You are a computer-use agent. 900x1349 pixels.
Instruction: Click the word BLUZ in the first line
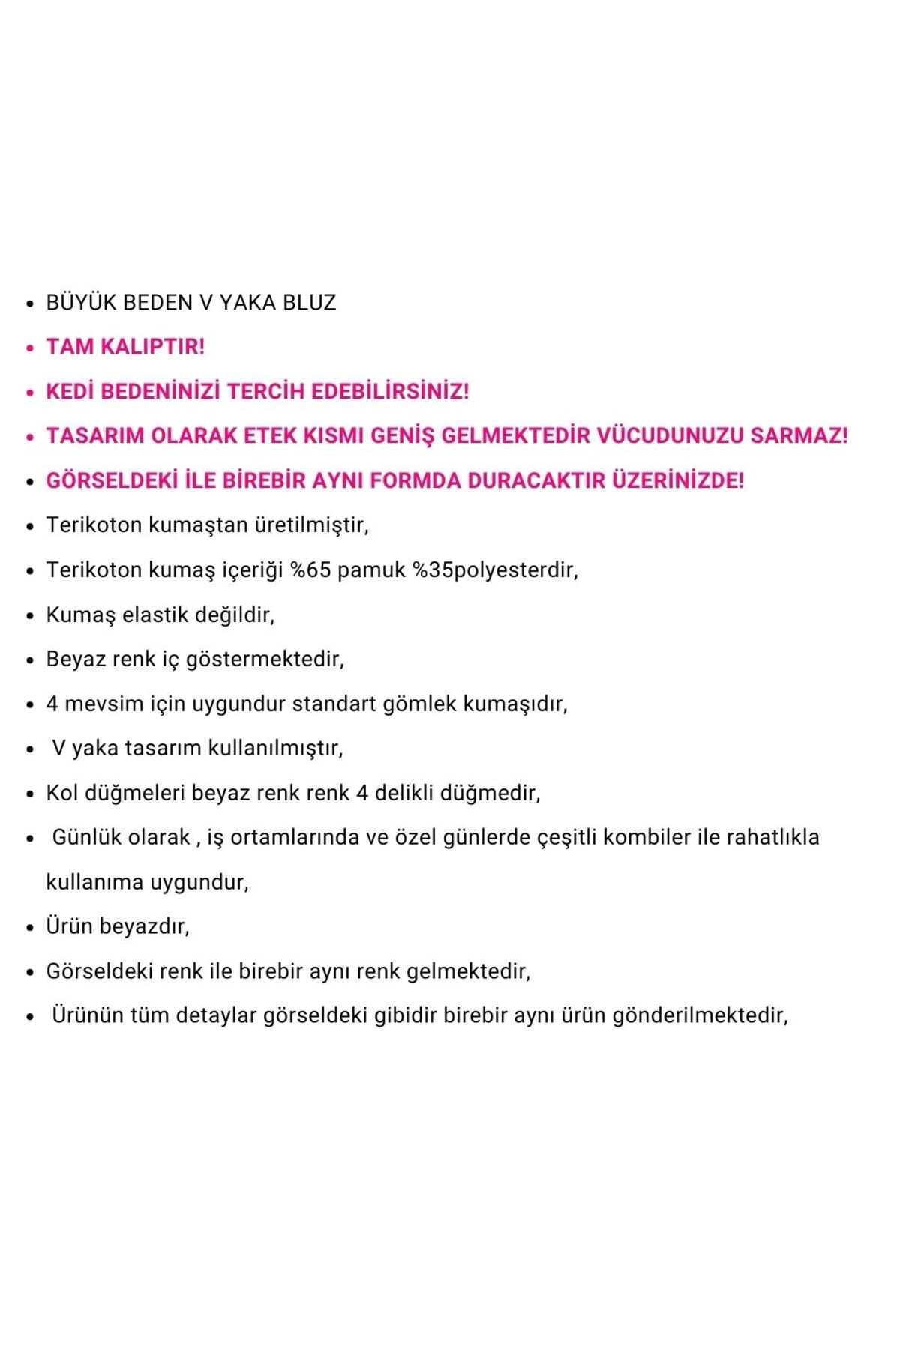tap(310, 303)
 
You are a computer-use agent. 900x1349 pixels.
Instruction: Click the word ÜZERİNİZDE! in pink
tap(678, 480)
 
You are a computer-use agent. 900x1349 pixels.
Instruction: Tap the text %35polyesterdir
tap(495, 570)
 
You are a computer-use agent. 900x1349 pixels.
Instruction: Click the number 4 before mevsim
tap(52, 704)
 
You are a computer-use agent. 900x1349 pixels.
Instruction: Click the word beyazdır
tap(144, 926)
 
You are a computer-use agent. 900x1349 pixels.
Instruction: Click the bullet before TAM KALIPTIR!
tap(30, 348)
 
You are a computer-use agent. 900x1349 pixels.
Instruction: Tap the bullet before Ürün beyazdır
tap(30, 928)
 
